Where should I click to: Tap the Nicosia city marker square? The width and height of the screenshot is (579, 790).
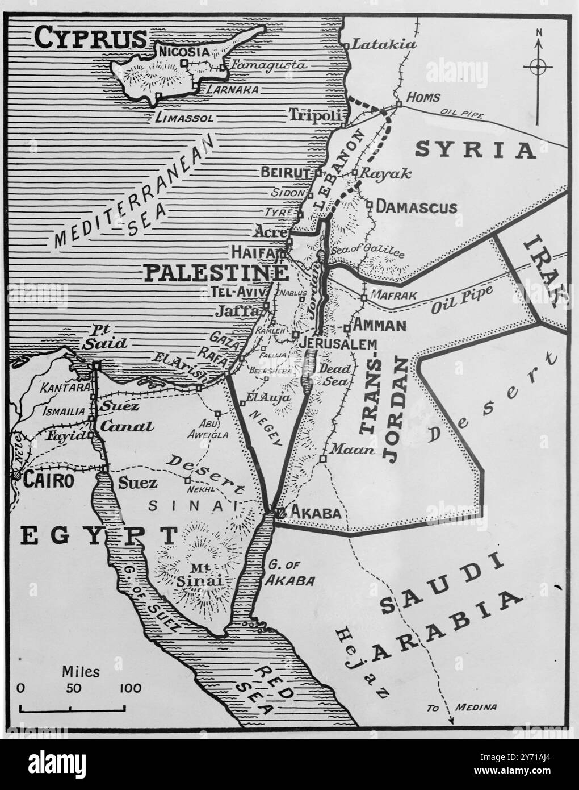[184, 63]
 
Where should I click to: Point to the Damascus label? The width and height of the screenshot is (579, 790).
[417, 207]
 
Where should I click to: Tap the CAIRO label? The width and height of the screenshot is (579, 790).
[49, 481]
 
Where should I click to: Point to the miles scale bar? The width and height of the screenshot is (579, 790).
[73, 709]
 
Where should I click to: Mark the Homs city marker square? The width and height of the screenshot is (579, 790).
[399, 103]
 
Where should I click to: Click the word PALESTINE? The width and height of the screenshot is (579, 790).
[215, 273]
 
